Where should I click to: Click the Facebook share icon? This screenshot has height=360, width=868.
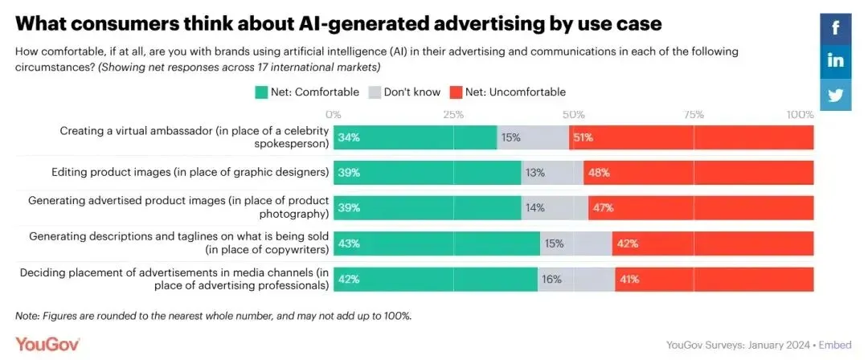[x=836, y=28]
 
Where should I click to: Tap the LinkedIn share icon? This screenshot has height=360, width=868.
[x=836, y=61]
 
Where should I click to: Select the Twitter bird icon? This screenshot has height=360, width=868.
[x=836, y=94]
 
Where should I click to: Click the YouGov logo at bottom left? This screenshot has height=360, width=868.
[x=47, y=344]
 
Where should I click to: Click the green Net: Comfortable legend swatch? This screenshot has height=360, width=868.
[x=261, y=92]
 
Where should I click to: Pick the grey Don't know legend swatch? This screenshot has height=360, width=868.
[x=374, y=92]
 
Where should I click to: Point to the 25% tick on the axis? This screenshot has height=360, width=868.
[x=453, y=114]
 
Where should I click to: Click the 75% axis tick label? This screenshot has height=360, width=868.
[x=694, y=114]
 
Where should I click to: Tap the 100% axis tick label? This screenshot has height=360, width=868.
[x=800, y=114]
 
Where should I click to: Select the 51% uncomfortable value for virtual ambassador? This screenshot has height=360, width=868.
[x=582, y=137]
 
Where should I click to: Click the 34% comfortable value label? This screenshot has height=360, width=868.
[x=349, y=137]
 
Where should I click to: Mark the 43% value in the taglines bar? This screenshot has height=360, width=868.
[x=349, y=243]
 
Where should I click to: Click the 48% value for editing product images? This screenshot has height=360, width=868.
[x=599, y=173]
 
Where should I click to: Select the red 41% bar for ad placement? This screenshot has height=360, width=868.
[x=714, y=279]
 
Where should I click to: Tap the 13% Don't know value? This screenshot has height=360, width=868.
[x=535, y=173]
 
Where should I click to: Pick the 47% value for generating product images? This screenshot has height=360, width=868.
[x=603, y=208]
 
